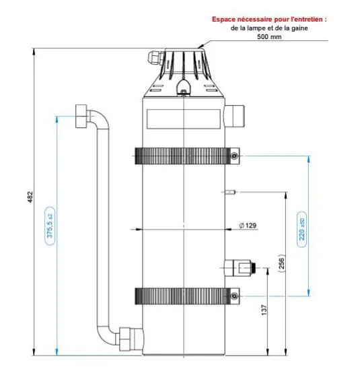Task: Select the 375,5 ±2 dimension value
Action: point(50,228)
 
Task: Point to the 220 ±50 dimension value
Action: point(302,229)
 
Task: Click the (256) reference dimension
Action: point(282,265)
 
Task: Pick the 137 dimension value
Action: point(263,310)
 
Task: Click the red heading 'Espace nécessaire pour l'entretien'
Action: point(269,20)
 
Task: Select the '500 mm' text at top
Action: point(269,37)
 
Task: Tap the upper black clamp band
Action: point(182,156)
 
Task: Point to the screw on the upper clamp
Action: point(233,156)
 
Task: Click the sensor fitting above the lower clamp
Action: point(240,267)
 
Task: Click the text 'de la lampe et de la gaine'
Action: point(269,28)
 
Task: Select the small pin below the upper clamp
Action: point(230,193)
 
